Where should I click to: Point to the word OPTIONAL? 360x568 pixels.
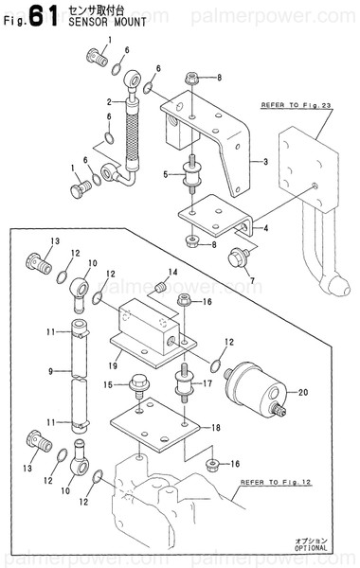[x=310, y=547]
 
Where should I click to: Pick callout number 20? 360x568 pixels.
[x=304, y=392]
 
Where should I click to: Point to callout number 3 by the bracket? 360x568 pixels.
[x=266, y=162]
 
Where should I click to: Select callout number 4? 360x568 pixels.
[x=265, y=228]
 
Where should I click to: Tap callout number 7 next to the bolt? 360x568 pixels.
[x=252, y=280]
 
